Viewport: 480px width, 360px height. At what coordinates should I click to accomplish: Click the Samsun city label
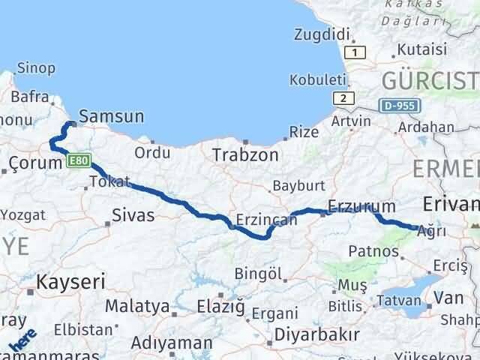111,116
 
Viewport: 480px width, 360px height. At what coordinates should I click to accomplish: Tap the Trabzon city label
245,155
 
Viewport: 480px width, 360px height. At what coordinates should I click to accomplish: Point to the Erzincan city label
262,220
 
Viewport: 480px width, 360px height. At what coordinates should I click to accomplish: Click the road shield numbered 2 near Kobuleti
343,98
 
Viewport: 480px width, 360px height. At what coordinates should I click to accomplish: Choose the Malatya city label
137,306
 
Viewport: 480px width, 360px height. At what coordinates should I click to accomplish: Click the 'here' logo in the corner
22,340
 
